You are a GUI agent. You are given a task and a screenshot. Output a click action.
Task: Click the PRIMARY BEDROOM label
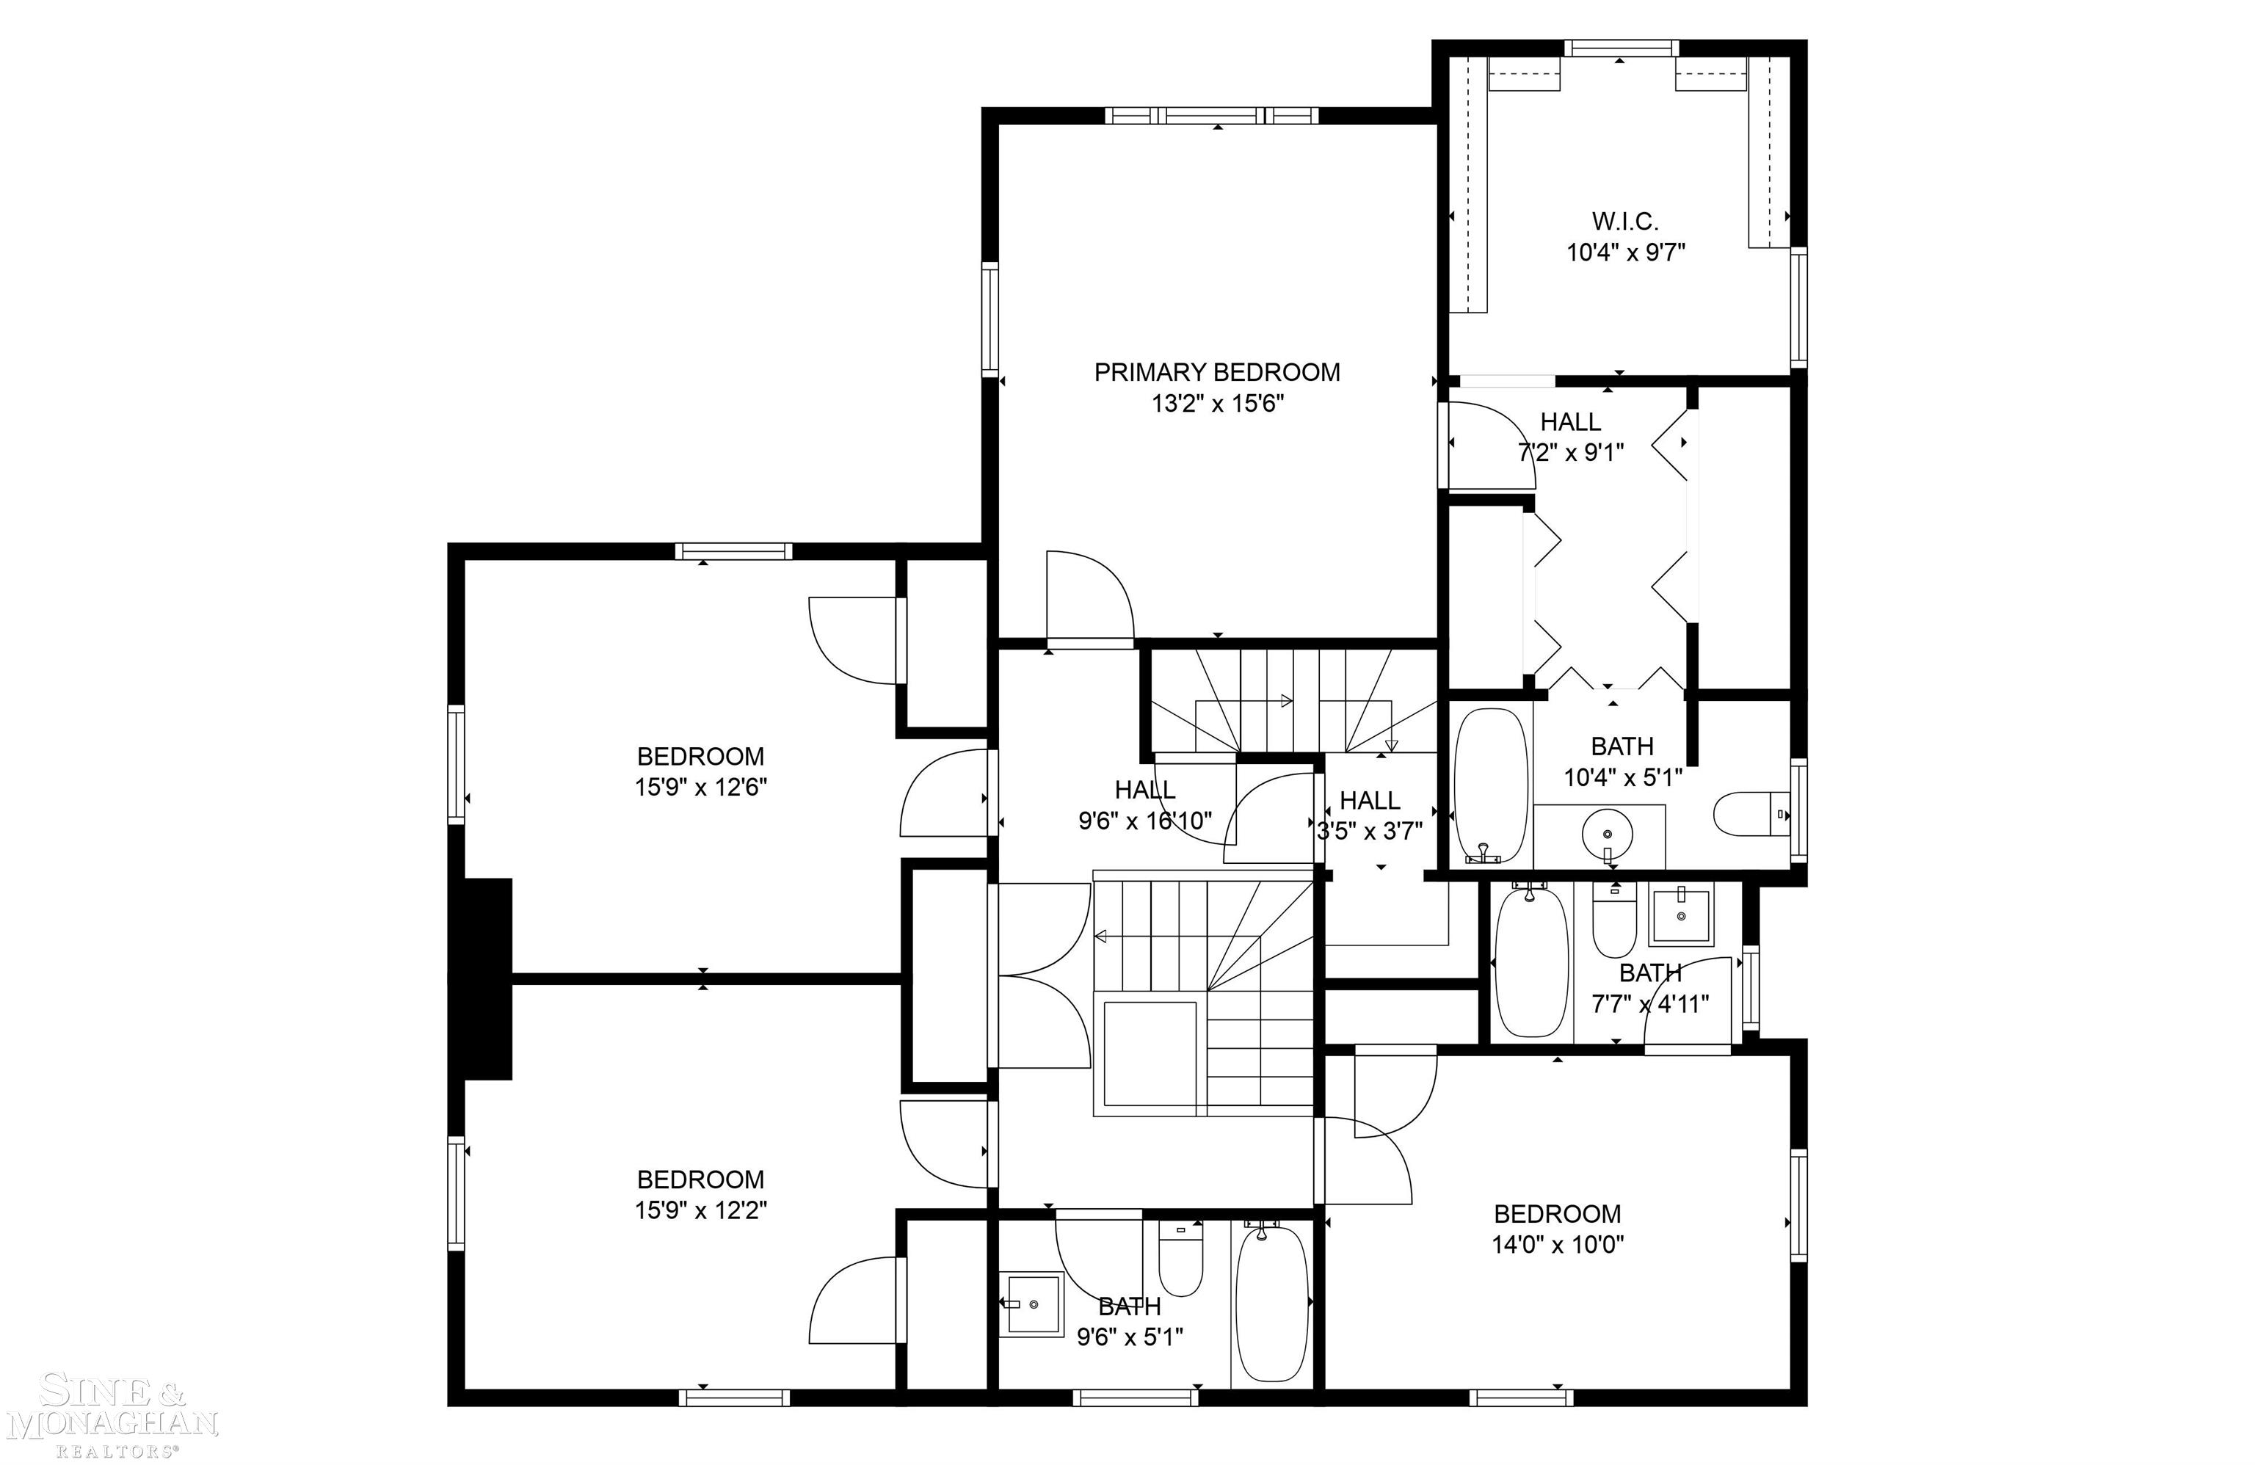pyautogui.click(x=1216, y=372)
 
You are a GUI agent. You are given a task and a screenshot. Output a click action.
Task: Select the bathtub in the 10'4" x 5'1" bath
pyautogui.click(x=1492, y=785)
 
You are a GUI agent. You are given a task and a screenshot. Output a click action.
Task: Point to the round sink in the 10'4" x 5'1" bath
pyautogui.click(x=1607, y=835)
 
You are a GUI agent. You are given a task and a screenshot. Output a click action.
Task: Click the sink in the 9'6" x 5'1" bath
pyautogui.click(x=1032, y=1304)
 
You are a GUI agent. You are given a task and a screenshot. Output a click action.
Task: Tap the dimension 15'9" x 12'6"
pyautogui.click(x=700, y=788)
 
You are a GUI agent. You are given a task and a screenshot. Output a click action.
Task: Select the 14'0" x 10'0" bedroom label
pyautogui.click(x=1557, y=1214)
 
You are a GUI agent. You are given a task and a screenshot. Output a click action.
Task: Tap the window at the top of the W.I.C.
pyautogui.click(x=1620, y=48)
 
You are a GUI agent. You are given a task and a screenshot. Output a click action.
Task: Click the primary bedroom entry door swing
pyautogui.click(x=1088, y=597)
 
